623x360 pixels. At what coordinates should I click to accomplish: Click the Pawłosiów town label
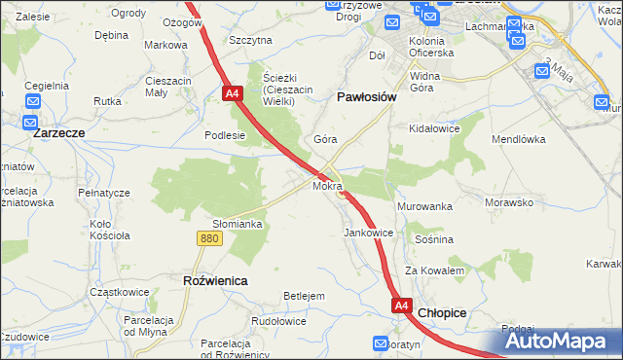(x=365, y=97)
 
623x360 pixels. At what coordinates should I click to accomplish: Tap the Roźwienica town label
(x=215, y=280)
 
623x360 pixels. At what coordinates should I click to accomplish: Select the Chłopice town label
(x=442, y=313)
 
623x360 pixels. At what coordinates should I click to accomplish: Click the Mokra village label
(x=326, y=185)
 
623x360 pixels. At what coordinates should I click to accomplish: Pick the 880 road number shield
(x=207, y=238)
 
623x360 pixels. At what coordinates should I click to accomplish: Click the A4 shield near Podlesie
(x=232, y=93)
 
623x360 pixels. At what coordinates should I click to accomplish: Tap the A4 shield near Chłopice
(x=402, y=306)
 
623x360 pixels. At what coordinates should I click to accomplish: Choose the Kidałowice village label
(x=434, y=128)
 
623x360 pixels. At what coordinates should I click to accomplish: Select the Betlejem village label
(x=303, y=296)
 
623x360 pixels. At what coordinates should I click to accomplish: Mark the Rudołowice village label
(x=278, y=321)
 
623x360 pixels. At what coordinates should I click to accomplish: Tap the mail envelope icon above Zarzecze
(x=32, y=101)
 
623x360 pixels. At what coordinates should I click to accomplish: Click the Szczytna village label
(x=250, y=41)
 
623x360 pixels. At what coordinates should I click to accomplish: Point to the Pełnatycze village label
(x=102, y=193)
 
